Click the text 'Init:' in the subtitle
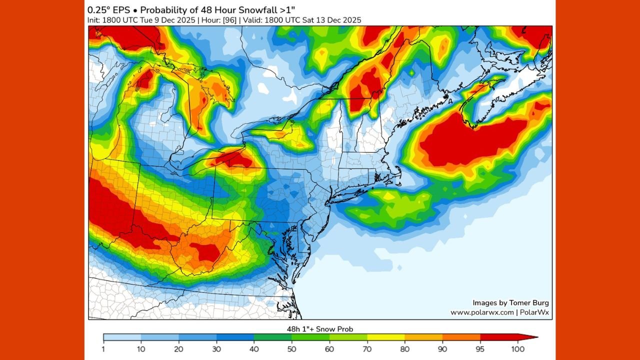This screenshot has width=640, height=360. click(x=95, y=20)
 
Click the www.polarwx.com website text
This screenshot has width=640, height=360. click(x=482, y=312)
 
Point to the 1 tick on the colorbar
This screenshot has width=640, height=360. click(x=103, y=348)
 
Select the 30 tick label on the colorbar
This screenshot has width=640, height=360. click(x=216, y=348)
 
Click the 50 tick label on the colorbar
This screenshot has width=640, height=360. click(x=292, y=348)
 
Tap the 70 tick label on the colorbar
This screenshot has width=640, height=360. click(x=367, y=348)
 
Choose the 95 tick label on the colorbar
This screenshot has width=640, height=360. click(x=480, y=348)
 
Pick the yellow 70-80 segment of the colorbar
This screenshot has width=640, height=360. click(x=386, y=337)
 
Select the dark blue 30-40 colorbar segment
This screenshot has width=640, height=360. click(x=235, y=337)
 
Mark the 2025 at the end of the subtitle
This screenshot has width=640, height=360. click(x=352, y=20)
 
